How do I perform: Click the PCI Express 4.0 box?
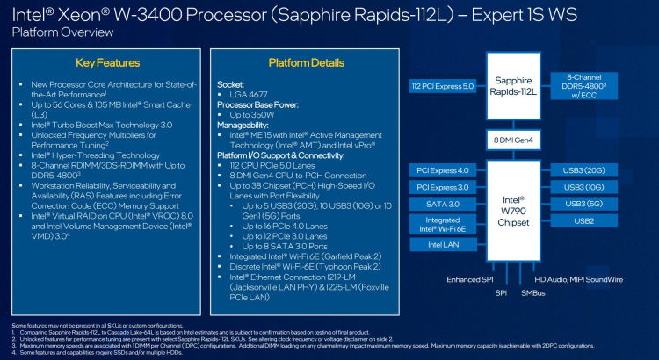tap(444, 170)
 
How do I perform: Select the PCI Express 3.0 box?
tap(444, 187)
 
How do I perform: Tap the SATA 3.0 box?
tap(444, 204)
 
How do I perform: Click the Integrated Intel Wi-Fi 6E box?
tap(444, 224)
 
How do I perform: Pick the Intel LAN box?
tap(444, 245)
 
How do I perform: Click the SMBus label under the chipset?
tap(532, 292)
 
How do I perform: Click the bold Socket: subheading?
tap(230, 83)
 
